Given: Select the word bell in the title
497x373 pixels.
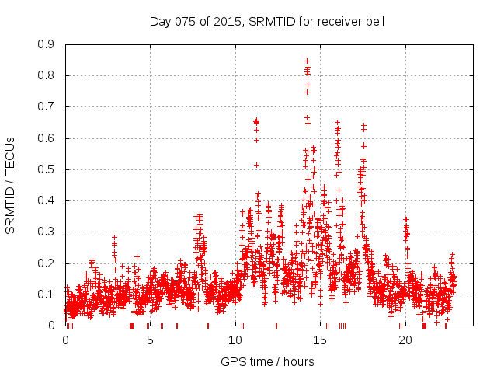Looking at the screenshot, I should [x=374, y=21].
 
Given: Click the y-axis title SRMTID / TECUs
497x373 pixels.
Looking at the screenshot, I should [x=10, y=185].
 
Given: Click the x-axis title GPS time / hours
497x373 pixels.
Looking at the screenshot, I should [x=267, y=361].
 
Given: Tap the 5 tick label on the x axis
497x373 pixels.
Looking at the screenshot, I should [x=151, y=340].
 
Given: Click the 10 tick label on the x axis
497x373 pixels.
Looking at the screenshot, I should [x=235, y=340].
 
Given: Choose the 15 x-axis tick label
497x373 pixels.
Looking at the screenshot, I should [x=321, y=340].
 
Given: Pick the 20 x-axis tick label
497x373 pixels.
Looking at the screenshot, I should [x=405, y=340].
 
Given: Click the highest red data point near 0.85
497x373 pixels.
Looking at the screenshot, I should [x=307, y=61].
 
